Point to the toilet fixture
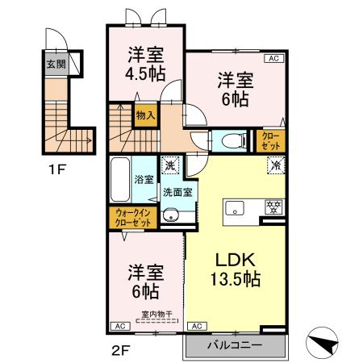click(x=235, y=141)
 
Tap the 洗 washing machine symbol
click(x=169, y=165)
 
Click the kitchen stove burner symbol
click(x=272, y=208)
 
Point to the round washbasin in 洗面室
click(x=170, y=215)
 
